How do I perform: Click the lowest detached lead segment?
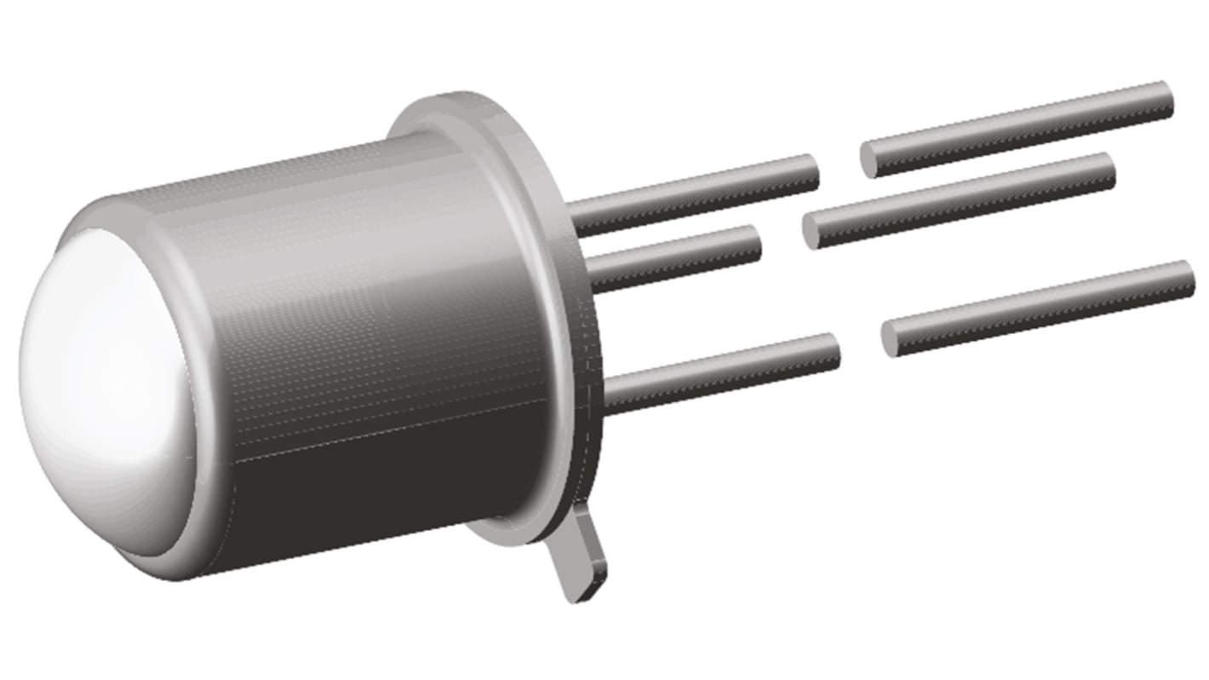pos(1039,308)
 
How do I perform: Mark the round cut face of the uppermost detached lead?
pos(869,160)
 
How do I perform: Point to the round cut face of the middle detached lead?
pos(812,231)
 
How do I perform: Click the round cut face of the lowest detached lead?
pos(890,338)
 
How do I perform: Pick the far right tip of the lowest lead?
pos(1190,277)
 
